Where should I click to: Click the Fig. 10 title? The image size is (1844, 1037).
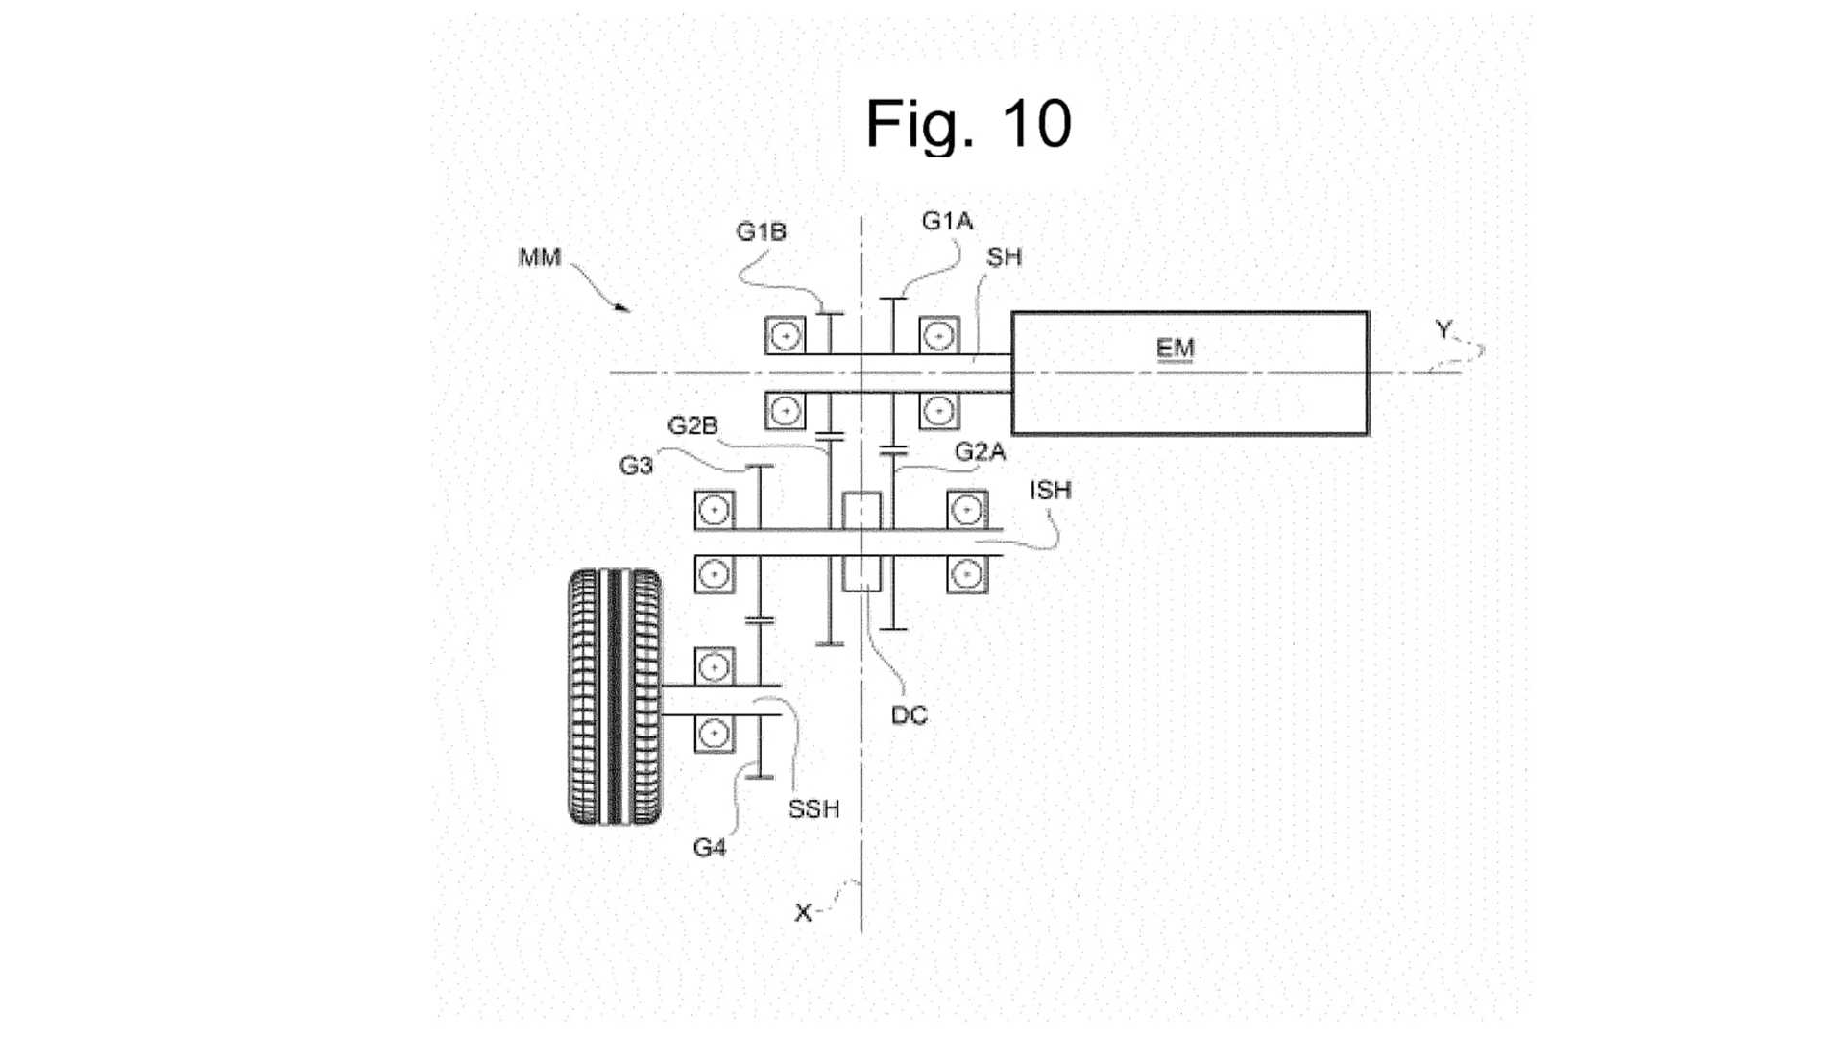click(968, 124)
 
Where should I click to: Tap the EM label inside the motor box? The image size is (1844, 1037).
click(1175, 347)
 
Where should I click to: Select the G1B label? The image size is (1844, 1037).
click(761, 231)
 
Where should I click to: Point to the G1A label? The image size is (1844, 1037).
click(947, 221)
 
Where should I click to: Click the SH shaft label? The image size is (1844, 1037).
click(1004, 256)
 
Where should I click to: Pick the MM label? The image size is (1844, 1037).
click(539, 257)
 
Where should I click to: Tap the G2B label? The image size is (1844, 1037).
click(692, 425)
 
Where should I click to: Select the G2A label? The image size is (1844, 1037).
click(980, 451)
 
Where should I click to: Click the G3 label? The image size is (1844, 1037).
click(636, 466)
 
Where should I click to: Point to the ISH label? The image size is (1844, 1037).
click(1050, 490)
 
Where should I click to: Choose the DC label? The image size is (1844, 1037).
click(909, 715)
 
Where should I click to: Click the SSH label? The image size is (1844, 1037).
click(813, 809)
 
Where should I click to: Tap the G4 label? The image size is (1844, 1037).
click(709, 848)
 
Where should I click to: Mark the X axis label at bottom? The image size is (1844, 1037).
click(803, 912)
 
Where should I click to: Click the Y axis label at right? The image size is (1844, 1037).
click(1443, 330)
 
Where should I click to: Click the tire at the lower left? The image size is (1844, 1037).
click(615, 697)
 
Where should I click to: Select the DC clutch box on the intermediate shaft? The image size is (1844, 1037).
click(861, 543)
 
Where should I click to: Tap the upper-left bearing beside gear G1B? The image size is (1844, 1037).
click(786, 336)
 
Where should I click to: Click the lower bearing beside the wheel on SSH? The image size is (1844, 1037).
click(714, 735)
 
